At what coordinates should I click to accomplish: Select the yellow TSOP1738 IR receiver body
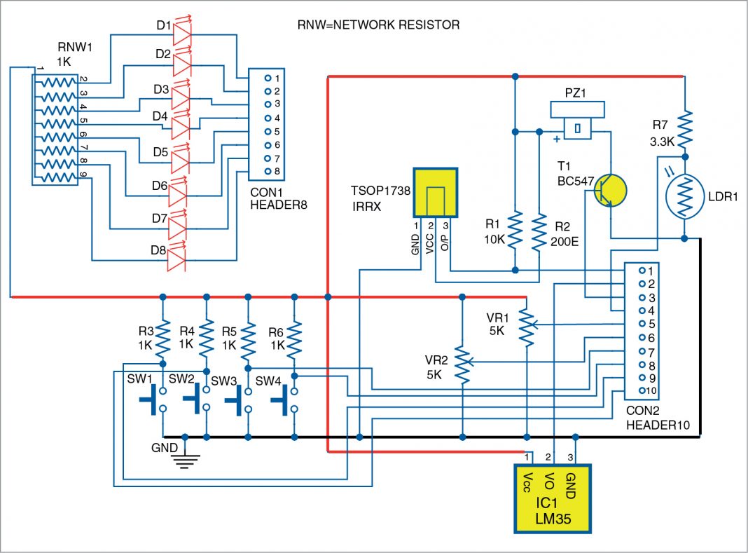(x=435, y=192)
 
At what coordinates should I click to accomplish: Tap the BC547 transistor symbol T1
(x=610, y=191)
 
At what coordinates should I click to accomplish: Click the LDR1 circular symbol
(x=684, y=196)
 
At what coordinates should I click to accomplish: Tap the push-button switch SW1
(x=153, y=400)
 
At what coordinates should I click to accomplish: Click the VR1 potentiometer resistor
(x=526, y=325)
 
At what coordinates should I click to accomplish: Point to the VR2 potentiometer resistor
(x=462, y=362)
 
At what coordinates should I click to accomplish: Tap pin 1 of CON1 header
(x=268, y=78)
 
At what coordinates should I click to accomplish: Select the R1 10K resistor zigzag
(x=514, y=231)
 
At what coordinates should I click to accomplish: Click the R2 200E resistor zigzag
(x=539, y=231)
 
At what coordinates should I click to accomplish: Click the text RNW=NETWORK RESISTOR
(x=378, y=25)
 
